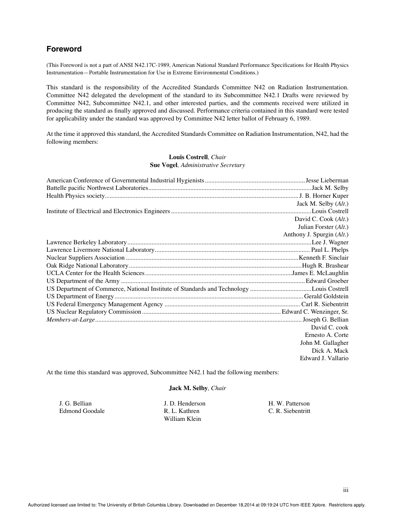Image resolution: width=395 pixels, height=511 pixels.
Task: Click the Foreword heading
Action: (x=64, y=49)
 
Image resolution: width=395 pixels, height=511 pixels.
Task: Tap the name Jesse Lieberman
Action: (x=327, y=180)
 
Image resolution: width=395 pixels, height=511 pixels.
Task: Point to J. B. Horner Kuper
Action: (x=324, y=196)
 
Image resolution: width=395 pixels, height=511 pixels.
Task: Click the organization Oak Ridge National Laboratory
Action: (x=87, y=265)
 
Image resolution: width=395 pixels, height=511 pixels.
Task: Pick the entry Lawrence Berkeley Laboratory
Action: (x=86, y=242)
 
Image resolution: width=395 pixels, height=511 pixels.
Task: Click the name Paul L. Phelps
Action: (x=330, y=250)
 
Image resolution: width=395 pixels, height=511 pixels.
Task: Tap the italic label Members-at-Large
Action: (x=71, y=319)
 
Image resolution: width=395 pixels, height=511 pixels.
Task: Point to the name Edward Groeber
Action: (x=327, y=281)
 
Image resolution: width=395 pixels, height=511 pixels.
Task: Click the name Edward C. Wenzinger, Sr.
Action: (x=315, y=312)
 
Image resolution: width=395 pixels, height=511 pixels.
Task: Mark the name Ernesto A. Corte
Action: (x=326, y=335)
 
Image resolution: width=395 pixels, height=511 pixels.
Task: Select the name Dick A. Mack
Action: (x=330, y=351)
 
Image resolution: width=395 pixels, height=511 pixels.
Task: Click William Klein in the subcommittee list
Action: (x=183, y=419)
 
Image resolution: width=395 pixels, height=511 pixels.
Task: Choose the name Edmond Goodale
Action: (x=82, y=411)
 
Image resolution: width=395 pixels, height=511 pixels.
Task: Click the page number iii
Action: (x=346, y=490)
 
